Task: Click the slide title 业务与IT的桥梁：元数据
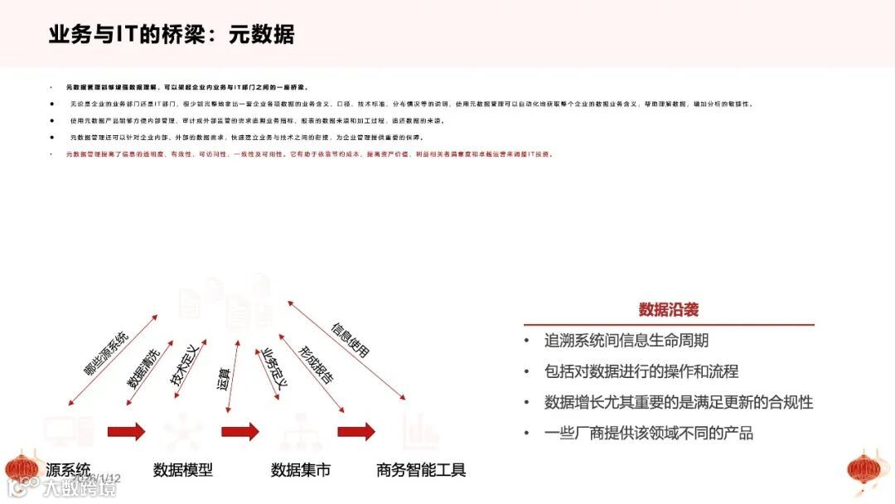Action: pyautogui.click(x=172, y=35)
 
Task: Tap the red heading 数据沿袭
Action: pyautogui.click(x=668, y=310)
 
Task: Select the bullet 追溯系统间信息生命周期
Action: pyautogui.click(x=626, y=341)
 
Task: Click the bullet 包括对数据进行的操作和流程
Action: pyautogui.click(x=641, y=371)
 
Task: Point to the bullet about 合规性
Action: pyautogui.click(x=678, y=402)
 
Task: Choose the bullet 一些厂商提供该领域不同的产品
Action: pyautogui.click(x=648, y=433)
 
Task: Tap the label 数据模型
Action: pyautogui.click(x=183, y=470)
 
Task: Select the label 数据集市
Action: pyautogui.click(x=301, y=470)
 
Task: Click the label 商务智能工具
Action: pyautogui.click(x=421, y=470)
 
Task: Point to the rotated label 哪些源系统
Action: pyautogui.click(x=105, y=354)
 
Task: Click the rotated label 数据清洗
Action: pyautogui.click(x=149, y=365)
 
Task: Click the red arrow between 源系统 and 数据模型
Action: pyautogui.click(x=126, y=431)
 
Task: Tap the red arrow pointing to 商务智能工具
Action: pyautogui.click(x=356, y=431)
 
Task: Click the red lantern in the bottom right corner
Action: pyautogui.click(x=867, y=470)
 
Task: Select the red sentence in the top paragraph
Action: pyautogui.click(x=308, y=154)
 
